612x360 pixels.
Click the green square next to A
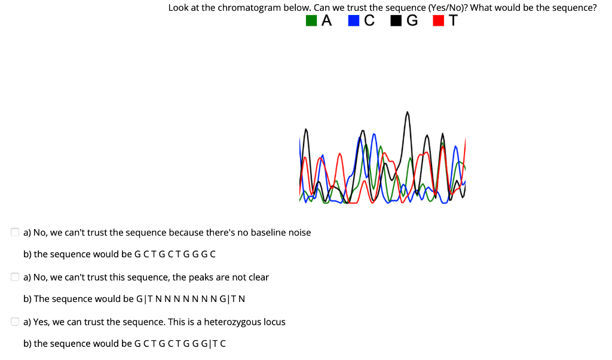311,21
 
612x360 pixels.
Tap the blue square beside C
353,21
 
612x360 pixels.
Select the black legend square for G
395,21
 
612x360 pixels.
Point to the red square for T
438,21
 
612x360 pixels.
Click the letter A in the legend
326,21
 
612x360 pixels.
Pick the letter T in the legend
453,21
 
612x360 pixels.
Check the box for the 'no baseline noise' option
15,233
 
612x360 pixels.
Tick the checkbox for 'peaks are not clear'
15,277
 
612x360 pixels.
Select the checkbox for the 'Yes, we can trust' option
15,322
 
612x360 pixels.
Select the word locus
274,322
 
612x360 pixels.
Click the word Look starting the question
178,8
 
